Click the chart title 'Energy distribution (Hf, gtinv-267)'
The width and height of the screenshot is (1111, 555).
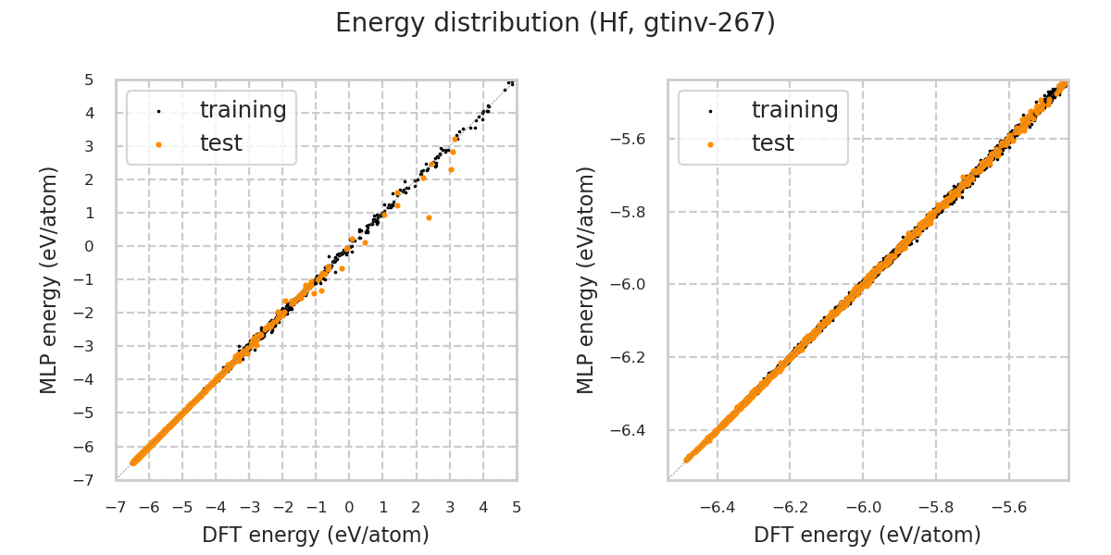pos(555,23)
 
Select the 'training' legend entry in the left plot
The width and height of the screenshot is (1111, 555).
pos(243,110)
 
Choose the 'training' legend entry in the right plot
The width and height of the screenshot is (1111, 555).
pos(794,110)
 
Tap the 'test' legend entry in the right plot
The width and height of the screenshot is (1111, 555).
pos(772,143)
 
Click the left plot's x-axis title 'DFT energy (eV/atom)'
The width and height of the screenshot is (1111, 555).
pos(316,535)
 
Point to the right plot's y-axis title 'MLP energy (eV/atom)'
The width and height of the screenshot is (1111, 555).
pos(586,279)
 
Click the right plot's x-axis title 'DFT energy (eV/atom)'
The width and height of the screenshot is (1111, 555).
pos(868,535)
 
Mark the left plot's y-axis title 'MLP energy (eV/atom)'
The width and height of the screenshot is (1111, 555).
pos(49,279)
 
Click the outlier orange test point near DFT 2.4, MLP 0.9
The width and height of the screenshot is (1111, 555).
pos(429,217)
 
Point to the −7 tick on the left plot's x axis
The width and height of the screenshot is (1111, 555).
pos(116,507)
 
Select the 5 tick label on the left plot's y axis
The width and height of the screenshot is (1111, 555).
pos(88,80)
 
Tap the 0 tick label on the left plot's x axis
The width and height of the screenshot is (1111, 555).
pos(349,507)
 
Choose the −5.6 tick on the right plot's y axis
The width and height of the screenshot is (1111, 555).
pos(634,139)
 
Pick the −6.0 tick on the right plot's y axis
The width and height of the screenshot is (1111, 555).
pos(634,285)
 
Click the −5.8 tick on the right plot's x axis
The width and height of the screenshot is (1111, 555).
pos(935,507)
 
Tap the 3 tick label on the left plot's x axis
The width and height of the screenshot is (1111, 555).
pos(450,507)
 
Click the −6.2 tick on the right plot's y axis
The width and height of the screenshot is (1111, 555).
pos(634,358)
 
